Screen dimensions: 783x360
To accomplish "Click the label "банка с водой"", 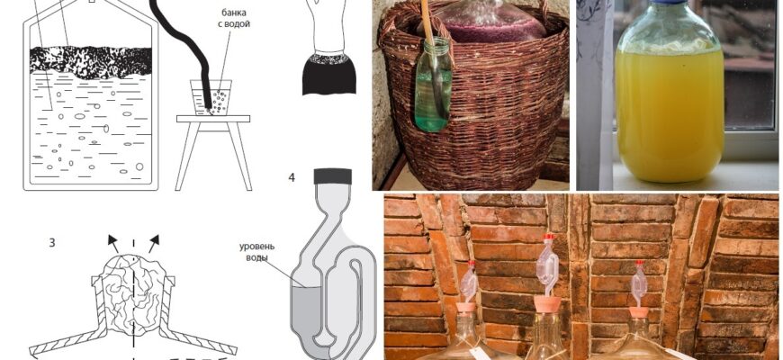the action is [x=235, y=17].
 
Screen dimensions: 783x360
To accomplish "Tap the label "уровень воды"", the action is [x=256, y=252].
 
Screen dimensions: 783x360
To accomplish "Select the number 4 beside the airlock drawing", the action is [x=292, y=177].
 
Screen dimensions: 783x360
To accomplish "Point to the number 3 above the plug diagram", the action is [x=52, y=243].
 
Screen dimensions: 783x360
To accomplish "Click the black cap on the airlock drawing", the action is [x=333, y=176].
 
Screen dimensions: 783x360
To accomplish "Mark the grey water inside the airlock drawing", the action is [x=306, y=315].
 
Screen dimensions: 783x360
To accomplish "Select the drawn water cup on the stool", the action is [x=211, y=97].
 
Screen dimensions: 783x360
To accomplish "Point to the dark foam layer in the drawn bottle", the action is [x=91, y=62].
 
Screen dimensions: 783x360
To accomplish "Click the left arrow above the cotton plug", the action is [x=114, y=243].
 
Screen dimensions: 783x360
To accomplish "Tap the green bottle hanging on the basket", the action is [x=433, y=85].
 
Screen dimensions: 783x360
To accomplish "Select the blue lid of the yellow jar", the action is [x=670, y=3].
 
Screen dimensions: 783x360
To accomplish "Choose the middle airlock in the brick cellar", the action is [x=548, y=267].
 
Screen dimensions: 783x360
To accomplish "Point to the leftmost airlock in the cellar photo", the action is [x=470, y=281].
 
